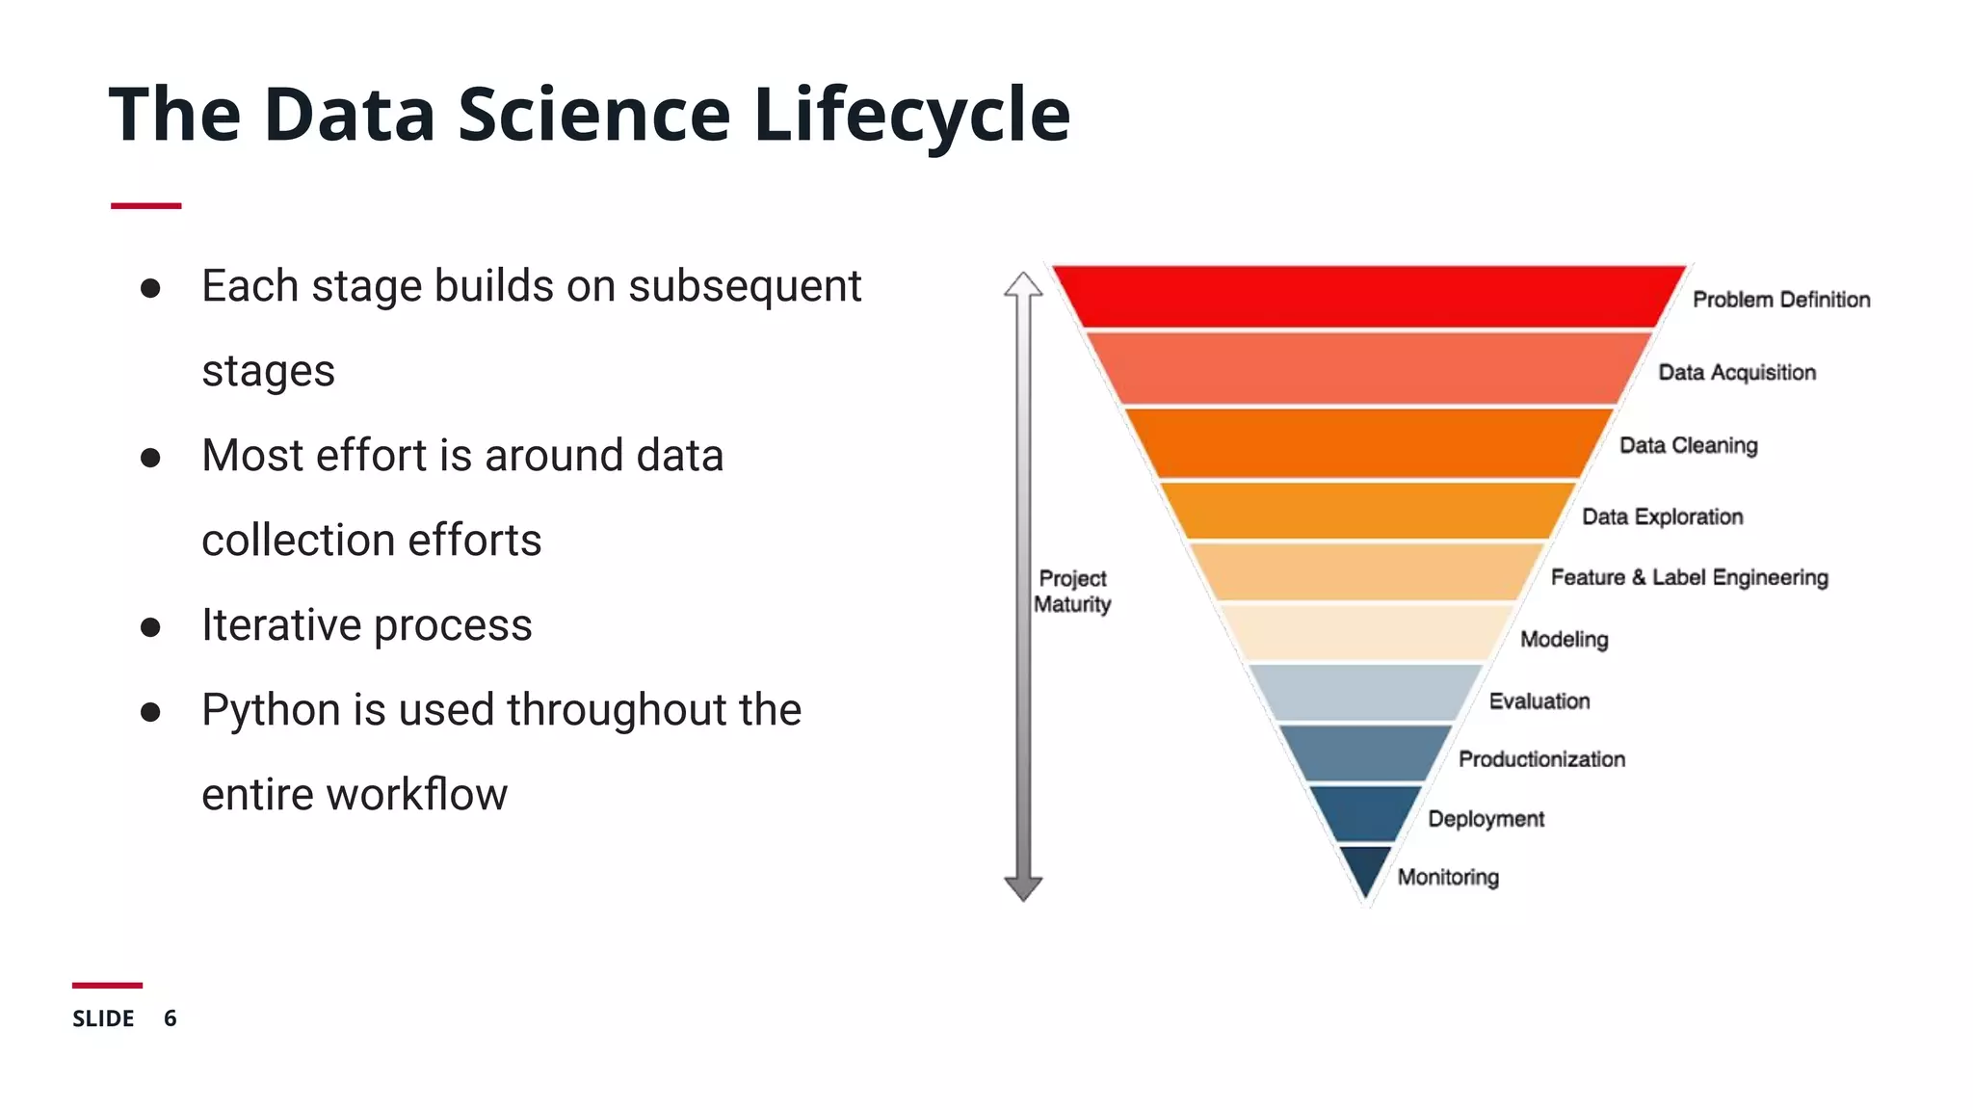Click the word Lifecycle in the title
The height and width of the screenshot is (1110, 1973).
pos(910,116)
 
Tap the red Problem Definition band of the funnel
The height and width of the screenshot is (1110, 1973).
pos(1368,297)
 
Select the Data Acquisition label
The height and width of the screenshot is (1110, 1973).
pos(1736,373)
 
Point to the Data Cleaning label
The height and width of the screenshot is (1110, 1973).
pos(1688,445)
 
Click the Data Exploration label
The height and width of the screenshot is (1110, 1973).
pos(1662,516)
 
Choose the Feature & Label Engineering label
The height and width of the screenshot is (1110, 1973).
pos(1689,577)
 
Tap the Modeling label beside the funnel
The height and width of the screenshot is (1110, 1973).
pos(1564,639)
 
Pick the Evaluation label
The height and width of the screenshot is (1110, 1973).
pos(1539,700)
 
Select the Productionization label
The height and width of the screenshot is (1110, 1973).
pos(1541,759)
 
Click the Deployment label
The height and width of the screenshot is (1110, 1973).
pos(1486,819)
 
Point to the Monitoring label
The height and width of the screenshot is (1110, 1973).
pos(1448,877)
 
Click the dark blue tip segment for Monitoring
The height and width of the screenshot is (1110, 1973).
pos(1365,865)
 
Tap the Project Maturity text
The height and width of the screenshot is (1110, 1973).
pos(1072,592)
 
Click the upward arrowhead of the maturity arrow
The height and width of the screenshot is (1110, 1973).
pos(1023,285)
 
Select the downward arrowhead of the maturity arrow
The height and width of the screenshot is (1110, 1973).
pos(1023,887)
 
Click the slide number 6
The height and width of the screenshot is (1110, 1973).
pos(171,1018)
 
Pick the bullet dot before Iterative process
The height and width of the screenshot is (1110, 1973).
pos(150,627)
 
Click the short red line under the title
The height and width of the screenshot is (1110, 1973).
pos(145,205)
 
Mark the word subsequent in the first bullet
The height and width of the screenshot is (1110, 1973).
pos(745,287)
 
